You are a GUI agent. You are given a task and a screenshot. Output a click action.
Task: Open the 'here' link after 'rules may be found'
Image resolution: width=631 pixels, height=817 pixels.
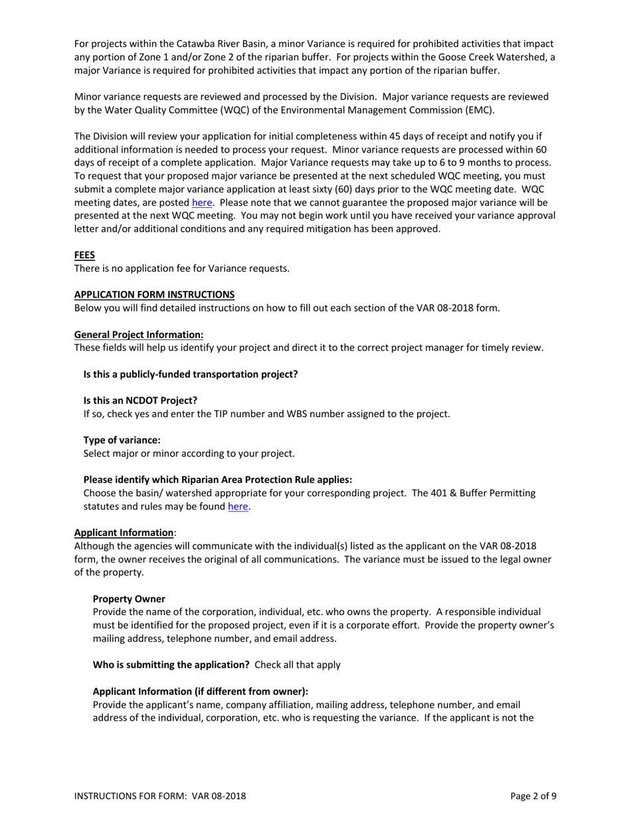[238, 507]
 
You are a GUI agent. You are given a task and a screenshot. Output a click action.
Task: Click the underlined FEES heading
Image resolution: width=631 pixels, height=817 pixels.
[84, 255]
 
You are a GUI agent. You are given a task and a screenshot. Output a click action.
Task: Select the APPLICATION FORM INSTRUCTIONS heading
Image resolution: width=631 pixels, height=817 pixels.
[154, 294]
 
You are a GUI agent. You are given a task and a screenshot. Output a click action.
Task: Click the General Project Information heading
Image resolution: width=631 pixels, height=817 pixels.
[139, 334]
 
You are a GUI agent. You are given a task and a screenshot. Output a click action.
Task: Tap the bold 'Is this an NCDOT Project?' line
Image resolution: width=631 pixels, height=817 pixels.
[140, 401]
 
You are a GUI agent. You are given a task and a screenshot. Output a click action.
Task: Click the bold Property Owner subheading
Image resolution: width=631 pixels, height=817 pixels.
[129, 598]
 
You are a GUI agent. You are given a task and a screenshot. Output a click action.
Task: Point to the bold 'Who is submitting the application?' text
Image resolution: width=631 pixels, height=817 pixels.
[171, 665]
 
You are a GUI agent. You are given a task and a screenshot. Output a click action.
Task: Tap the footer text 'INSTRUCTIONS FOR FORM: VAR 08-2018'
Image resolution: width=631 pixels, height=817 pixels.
[160, 796]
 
